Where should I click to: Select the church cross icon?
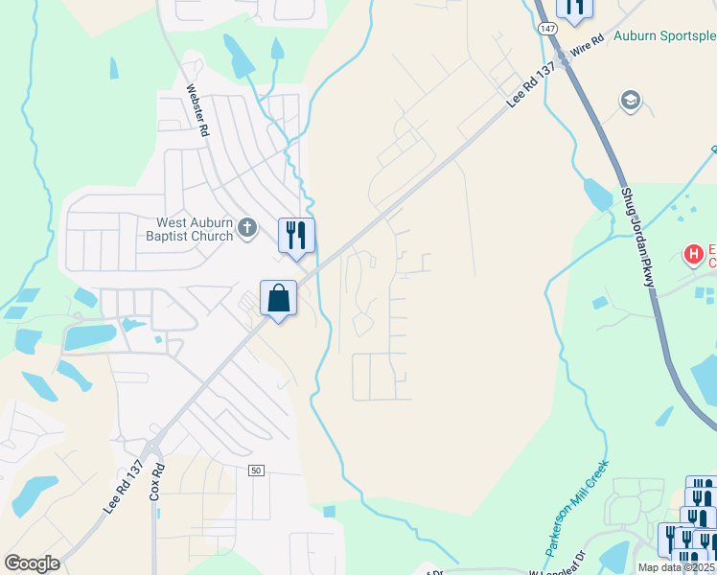[x=248, y=228]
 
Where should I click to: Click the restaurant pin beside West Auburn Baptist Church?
[x=296, y=236]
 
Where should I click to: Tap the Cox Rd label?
[x=157, y=482]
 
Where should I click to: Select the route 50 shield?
[x=255, y=471]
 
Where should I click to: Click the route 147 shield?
[x=546, y=29]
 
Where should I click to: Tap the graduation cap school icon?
[x=630, y=101]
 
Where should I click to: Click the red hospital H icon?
[x=692, y=255]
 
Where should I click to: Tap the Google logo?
[x=32, y=563]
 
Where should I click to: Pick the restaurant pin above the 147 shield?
[x=574, y=9]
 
